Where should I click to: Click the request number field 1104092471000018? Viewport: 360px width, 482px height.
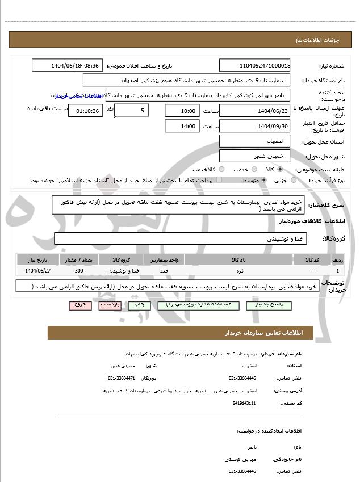point(255,66)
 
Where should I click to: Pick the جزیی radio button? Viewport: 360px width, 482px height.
point(294,181)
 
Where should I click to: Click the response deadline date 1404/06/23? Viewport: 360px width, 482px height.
point(255,110)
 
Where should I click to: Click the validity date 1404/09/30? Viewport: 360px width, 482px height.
point(255,126)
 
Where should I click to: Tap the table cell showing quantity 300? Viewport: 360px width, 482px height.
point(79,271)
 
